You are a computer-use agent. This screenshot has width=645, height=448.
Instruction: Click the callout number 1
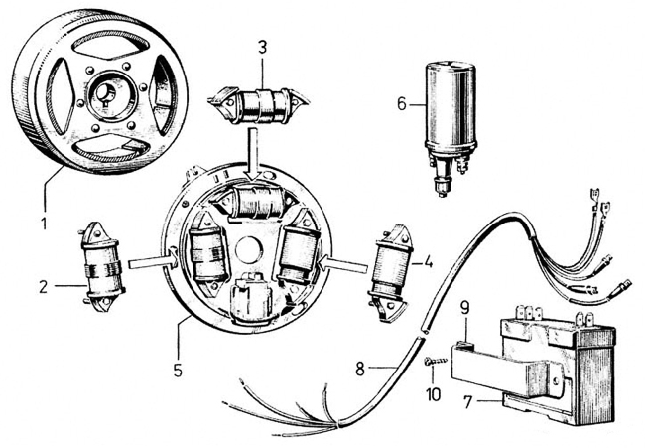43,197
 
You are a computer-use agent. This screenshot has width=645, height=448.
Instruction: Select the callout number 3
261,48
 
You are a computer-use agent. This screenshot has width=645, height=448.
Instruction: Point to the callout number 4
428,265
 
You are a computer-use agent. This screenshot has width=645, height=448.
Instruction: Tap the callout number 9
464,308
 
